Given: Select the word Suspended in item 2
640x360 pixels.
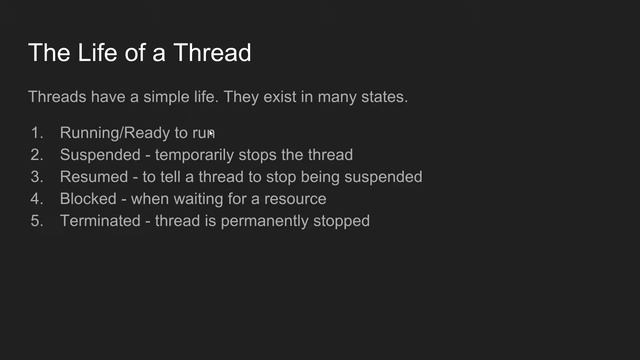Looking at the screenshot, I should pos(99,155).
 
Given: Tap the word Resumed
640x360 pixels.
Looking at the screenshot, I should pos(93,177).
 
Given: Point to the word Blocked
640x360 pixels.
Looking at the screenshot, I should pos(88,199).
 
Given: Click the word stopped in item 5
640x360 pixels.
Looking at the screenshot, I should pos(342,221).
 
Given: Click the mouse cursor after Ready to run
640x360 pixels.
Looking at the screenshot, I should pos(212,134).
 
